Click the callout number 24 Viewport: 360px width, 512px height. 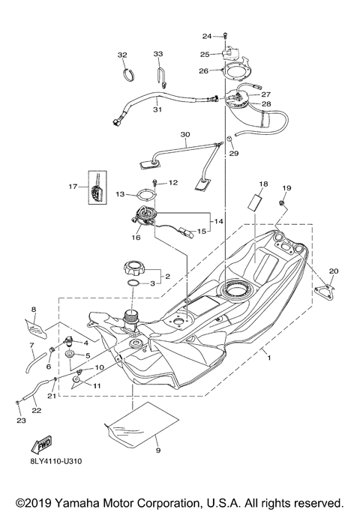(208, 35)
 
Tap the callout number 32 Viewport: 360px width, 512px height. (122, 55)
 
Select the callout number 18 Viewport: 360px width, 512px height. (263, 184)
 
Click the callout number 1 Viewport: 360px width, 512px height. (268, 359)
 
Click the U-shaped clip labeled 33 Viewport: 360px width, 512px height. (160, 75)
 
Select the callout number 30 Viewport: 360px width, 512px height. (185, 136)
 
